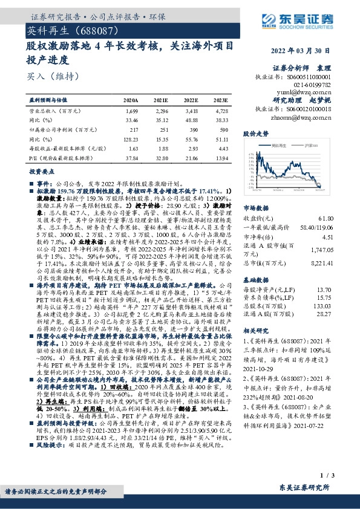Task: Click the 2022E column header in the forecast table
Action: click(191, 100)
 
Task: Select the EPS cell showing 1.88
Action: click(162, 148)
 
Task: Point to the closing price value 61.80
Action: click(342, 217)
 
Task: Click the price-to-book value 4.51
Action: click(344, 237)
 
